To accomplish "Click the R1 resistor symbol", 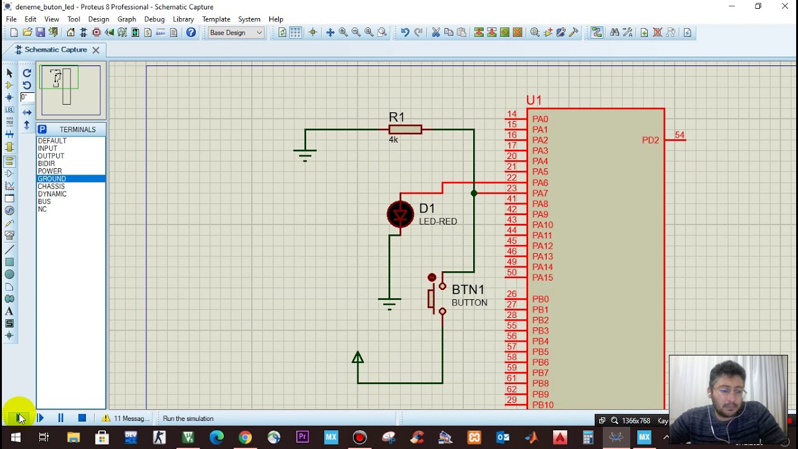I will coord(405,130).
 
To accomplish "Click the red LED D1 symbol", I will coord(400,215).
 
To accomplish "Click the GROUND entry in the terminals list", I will coord(52,179).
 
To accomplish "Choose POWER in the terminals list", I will coord(50,171).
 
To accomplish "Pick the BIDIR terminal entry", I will coord(47,163).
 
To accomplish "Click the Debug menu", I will coord(154,19).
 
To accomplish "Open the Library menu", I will coord(183,19).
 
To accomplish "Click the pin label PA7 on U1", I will coord(540,193).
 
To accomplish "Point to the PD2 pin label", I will coord(650,140).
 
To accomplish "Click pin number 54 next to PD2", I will coord(679,135).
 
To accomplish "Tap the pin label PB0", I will coord(540,299).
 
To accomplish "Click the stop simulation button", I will coord(82,418).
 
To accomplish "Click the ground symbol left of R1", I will coord(305,153).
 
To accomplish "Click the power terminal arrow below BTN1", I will coord(358,358).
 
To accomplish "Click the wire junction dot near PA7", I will coord(474,193).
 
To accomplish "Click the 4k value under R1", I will coord(393,140).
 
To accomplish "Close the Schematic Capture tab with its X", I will coord(96,50).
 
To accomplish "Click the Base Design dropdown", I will coord(236,32).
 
